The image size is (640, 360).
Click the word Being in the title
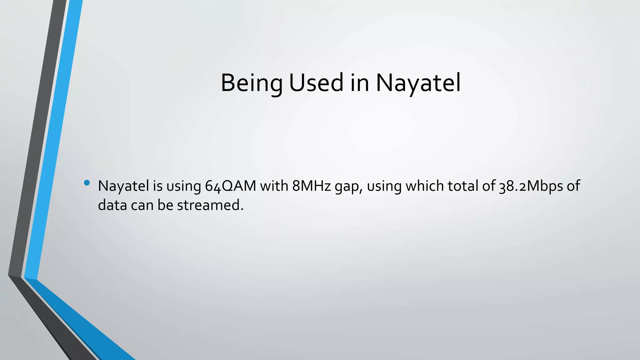(252, 83)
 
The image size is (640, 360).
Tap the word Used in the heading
(316, 83)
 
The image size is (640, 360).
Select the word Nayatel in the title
(418, 83)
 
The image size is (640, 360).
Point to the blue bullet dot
(87, 182)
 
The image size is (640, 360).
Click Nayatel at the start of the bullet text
(123, 186)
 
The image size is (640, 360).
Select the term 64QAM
(230, 186)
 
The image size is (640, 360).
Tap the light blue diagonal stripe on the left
(53, 141)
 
